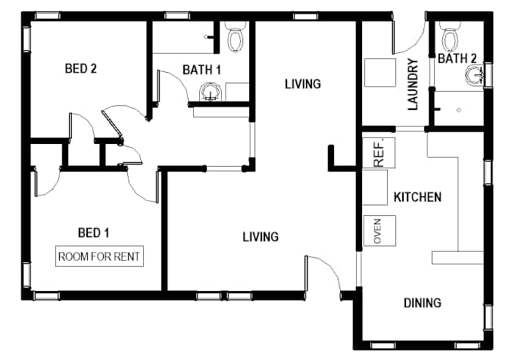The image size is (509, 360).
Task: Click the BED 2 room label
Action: pyautogui.click(x=81, y=68)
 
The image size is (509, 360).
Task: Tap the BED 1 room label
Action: pyautogui.click(x=93, y=233)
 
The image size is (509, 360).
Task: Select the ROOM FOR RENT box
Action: pyautogui.click(x=99, y=256)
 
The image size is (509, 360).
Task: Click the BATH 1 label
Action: pyautogui.click(x=201, y=70)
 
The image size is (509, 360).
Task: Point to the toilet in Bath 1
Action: pyautogui.click(x=236, y=36)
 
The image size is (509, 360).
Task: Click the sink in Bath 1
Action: pyautogui.click(x=211, y=92)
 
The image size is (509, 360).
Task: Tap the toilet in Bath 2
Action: pyautogui.click(x=450, y=36)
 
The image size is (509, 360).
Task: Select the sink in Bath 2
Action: pyautogui.click(x=474, y=75)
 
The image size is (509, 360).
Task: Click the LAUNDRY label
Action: pyautogui.click(x=413, y=84)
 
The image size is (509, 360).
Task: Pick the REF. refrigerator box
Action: pyautogui.click(x=379, y=152)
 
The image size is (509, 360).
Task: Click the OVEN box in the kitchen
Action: pyautogui.click(x=379, y=230)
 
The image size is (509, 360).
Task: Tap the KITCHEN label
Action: pyautogui.click(x=417, y=197)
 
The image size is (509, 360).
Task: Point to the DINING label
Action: pyautogui.click(x=423, y=303)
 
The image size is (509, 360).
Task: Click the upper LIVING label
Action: pyautogui.click(x=303, y=84)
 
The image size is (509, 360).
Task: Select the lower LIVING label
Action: pyautogui.click(x=261, y=236)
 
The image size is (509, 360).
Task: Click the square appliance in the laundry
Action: pyautogui.click(x=380, y=73)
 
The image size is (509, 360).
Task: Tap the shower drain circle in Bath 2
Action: pyautogui.click(x=459, y=110)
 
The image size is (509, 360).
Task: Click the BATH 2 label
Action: pyautogui.click(x=457, y=58)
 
